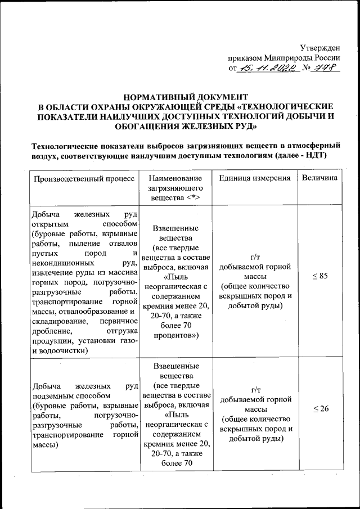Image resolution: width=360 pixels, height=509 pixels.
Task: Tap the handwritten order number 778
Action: (325, 69)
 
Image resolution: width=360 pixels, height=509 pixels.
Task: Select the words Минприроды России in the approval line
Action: (307, 58)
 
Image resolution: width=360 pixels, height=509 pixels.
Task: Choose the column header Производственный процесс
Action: (84, 178)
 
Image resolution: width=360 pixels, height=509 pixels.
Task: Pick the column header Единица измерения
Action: (255, 178)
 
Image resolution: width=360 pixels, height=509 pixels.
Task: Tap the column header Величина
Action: (319, 178)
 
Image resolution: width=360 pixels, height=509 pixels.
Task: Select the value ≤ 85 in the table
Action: (319, 276)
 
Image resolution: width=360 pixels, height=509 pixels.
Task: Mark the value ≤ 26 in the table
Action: (319, 408)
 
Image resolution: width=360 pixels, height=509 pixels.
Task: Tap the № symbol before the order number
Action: (307, 69)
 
